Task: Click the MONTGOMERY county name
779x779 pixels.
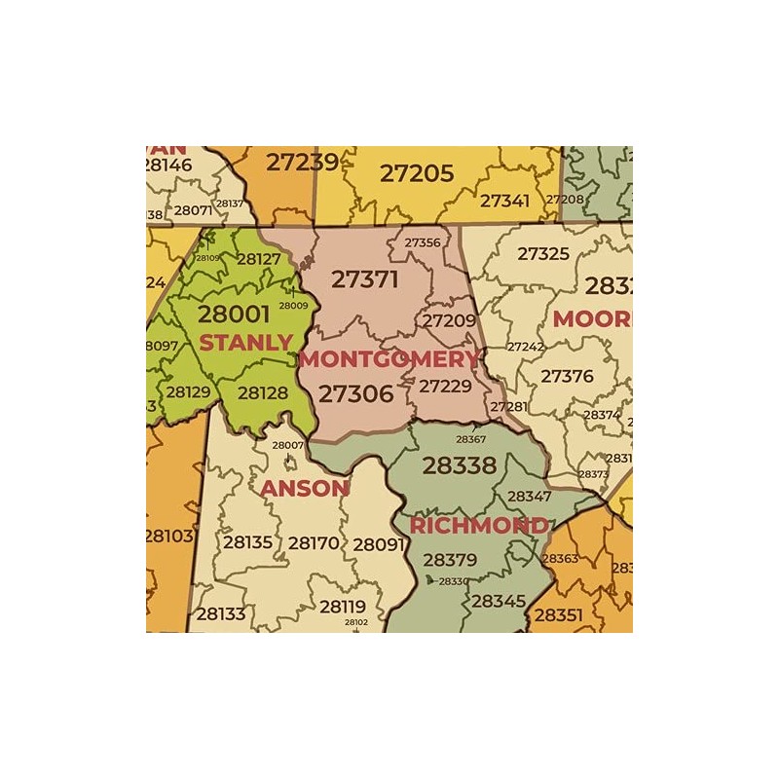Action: tap(389, 358)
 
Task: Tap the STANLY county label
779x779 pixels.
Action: tap(246, 342)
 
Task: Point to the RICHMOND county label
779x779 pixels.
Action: tap(478, 526)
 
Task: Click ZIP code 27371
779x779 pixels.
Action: tap(365, 279)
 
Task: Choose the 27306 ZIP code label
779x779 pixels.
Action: tap(356, 393)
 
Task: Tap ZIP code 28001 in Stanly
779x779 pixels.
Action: tap(234, 314)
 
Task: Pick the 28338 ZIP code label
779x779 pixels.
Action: tap(460, 465)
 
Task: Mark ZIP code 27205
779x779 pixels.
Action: tap(417, 173)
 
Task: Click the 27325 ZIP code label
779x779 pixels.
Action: tap(543, 254)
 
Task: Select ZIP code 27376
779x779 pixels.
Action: tap(567, 376)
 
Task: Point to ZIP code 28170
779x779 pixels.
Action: tap(314, 542)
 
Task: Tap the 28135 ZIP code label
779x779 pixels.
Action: tap(247, 542)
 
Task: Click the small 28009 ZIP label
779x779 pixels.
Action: tap(293, 306)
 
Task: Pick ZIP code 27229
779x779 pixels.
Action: tap(445, 386)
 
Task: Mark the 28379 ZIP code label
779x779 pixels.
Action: tap(450, 560)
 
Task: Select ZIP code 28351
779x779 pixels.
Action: tap(558, 615)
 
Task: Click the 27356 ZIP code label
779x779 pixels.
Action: tap(423, 242)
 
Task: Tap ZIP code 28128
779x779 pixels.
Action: tap(263, 393)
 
